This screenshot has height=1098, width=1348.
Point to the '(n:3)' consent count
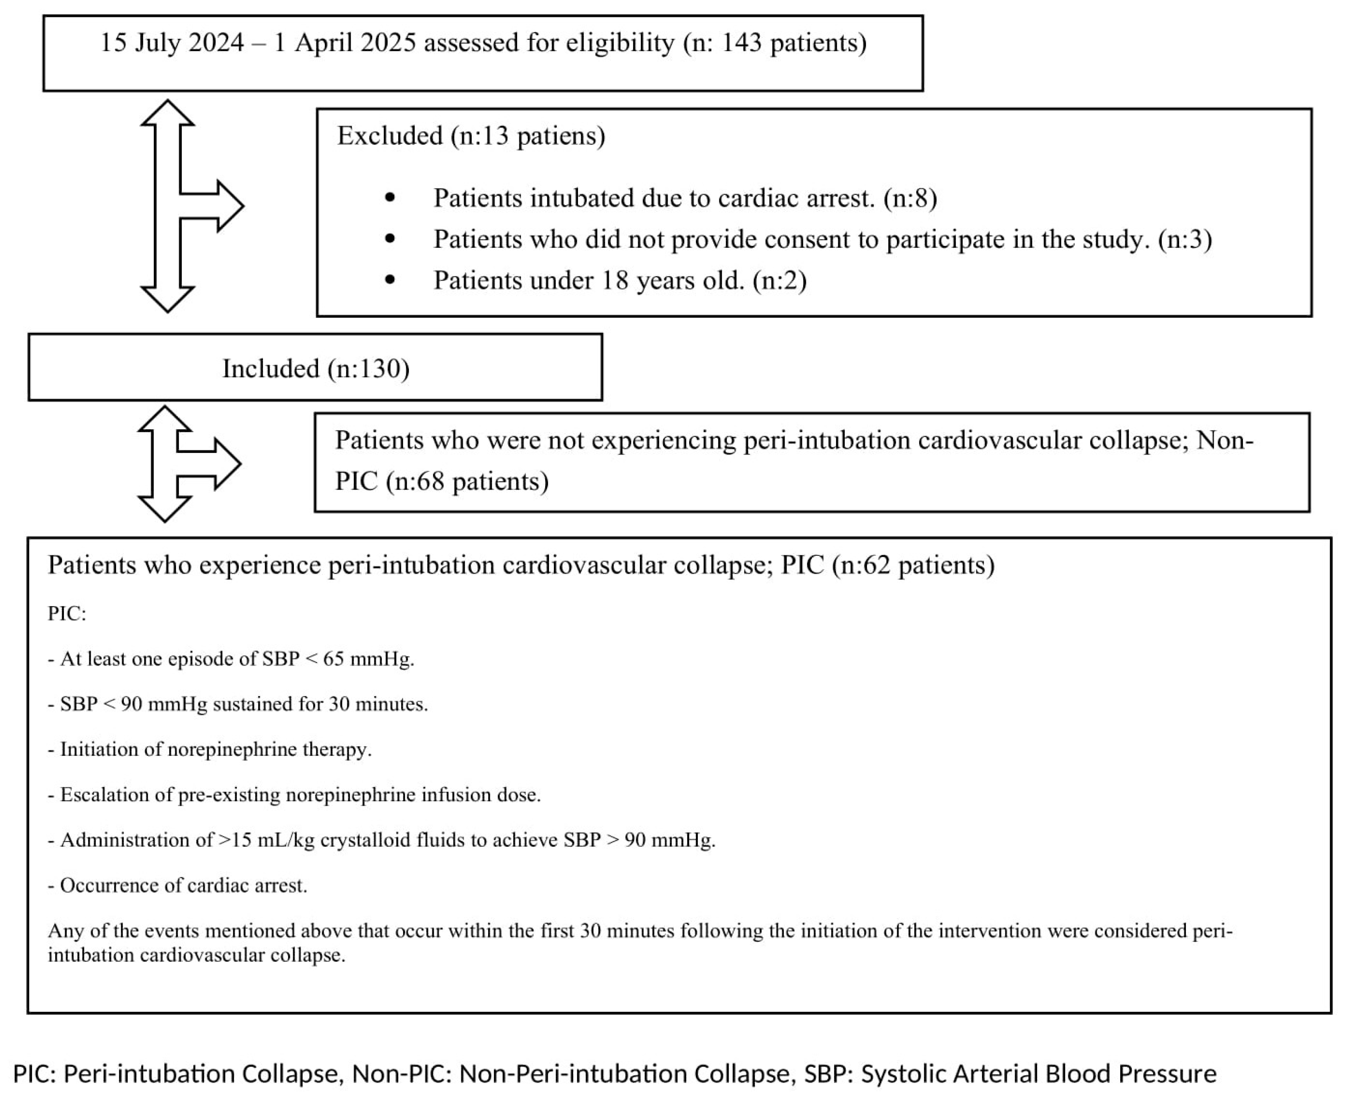pyautogui.click(x=1185, y=240)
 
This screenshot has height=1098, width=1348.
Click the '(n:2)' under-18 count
pyautogui.click(x=779, y=281)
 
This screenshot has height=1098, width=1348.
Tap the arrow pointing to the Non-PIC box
pyautogui.click(x=215, y=464)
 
